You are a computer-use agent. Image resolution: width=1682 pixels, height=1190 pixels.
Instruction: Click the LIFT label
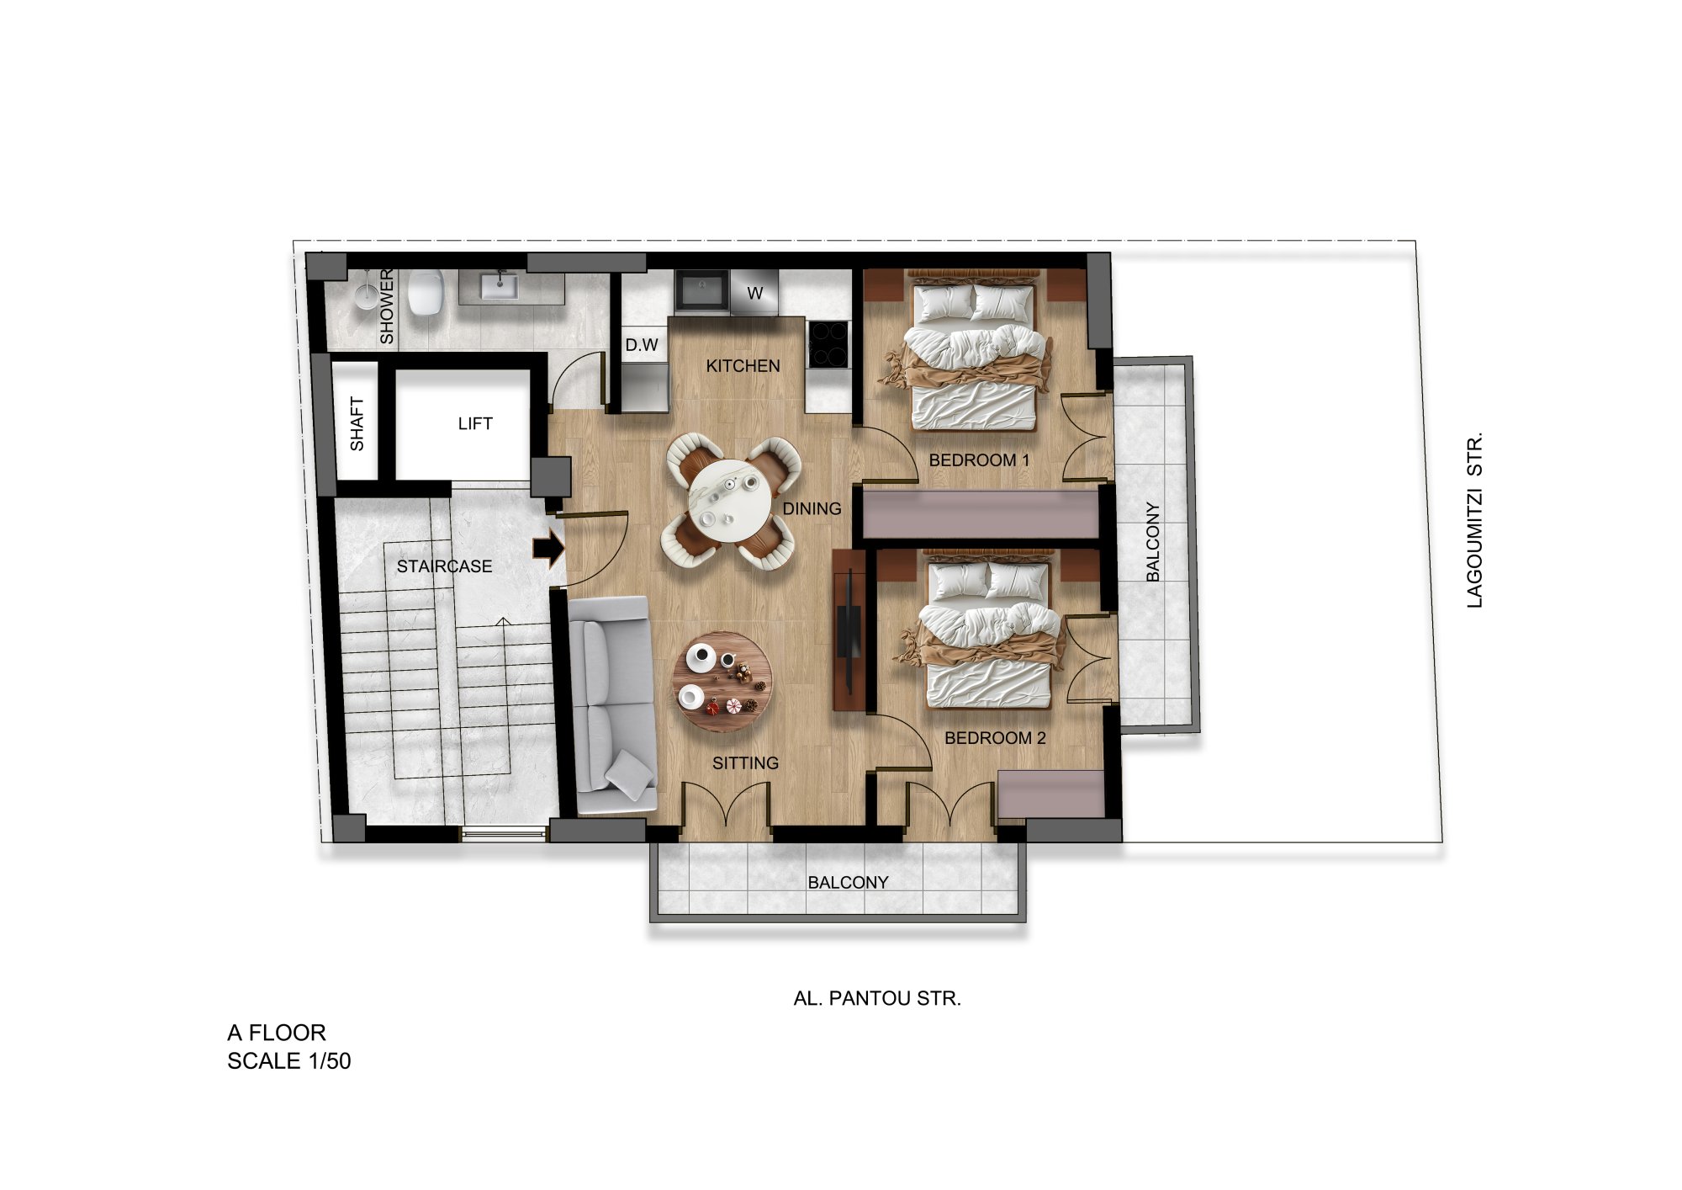(x=475, y=423)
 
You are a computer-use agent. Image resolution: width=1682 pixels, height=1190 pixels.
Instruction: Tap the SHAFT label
(x=357, y=423)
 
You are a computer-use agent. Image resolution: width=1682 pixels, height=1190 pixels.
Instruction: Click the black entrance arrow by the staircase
(x=548, y=549)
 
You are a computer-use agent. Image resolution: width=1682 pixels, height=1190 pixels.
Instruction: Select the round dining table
(x=729, y=503)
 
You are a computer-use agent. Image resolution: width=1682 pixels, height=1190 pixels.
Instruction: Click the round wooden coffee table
(x=722, y=682)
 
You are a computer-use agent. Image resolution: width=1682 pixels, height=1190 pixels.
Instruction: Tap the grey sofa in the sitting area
(x=611, y=704)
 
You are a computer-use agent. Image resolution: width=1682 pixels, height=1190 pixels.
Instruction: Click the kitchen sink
(x=701, y=290)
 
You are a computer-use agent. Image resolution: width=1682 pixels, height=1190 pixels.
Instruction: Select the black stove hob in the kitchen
(x=828, y=344)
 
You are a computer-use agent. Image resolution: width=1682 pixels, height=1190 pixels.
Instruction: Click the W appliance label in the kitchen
(x=755, y=293)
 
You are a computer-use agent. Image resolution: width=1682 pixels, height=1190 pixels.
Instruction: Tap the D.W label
(x=642, y=345)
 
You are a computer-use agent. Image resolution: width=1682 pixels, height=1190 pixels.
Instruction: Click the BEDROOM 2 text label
(x=995, y=738)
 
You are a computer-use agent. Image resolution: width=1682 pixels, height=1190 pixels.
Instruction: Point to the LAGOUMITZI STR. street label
(x=1474, y=520)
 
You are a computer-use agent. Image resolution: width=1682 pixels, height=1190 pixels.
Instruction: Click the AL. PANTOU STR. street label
(x=877, y=998)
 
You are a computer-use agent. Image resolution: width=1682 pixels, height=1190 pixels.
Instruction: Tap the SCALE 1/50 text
(x=289, y=1060)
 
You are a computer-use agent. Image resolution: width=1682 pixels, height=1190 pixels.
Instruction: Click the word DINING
(x=812, y=508)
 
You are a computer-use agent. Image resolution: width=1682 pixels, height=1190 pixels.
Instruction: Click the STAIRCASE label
(x=445, y=566)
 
